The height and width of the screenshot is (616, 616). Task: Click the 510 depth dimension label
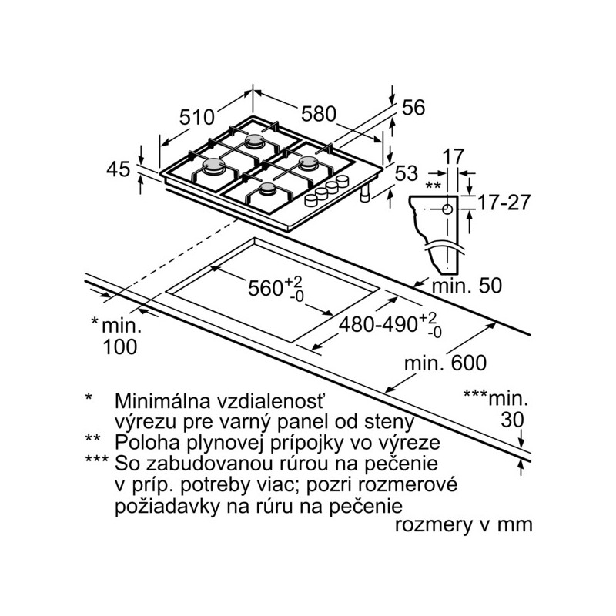click(197, 117)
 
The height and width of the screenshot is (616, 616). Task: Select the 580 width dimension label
click(319, 114)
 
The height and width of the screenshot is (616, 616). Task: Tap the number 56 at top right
click(413, 107)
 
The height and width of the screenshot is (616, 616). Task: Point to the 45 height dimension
click(118, 169)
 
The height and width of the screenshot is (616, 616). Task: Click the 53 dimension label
click(407, 174)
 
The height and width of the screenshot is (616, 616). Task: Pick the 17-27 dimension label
click(504, 203)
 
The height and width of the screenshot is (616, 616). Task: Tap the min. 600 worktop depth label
click(445, 363)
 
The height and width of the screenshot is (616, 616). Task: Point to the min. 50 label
click(467, 286)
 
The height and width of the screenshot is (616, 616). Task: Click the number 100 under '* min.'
click(120, 347)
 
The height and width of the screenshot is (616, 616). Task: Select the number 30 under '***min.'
click(512, 420)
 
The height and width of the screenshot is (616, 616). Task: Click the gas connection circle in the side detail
click(447, 209)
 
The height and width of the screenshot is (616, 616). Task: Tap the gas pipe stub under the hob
click(365, 194)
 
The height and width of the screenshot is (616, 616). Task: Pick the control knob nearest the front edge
click(311, 200)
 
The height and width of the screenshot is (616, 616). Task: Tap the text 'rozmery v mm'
click(464, 525)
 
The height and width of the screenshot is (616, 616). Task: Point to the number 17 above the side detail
click(454, 157)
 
